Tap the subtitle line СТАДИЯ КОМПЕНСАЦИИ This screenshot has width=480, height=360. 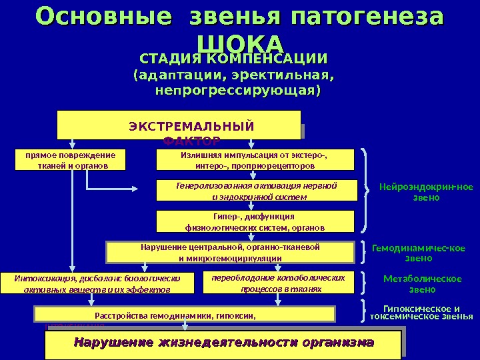coord(233,58)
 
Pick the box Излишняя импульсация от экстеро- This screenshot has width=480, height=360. coord(255,160)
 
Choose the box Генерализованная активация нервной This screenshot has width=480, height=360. coord(255,190)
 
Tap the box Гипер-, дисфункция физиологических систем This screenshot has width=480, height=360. coord(255,221)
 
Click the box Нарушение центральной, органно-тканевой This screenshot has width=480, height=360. coord(230,252)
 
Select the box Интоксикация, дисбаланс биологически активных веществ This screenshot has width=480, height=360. coord(97,283)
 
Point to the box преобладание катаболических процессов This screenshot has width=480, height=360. coord(278,283)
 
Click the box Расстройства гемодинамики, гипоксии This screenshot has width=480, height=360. coord(176,313)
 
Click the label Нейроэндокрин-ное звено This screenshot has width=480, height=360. coord(426,192)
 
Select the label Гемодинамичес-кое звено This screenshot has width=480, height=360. coord(419,253)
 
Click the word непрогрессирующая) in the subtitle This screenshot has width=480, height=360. coord(237,89)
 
